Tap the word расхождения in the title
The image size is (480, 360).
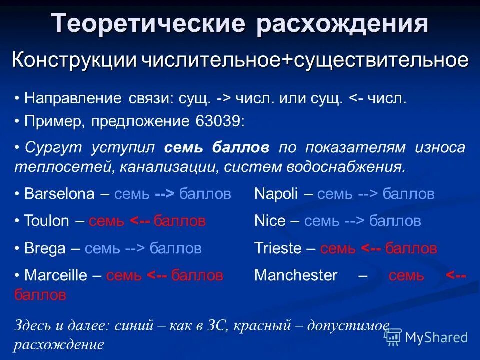[342, 23]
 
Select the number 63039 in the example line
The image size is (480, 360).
[217, 122]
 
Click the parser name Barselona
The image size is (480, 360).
[59, 194]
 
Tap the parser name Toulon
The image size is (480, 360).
[47, 221]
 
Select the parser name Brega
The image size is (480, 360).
[45, 248]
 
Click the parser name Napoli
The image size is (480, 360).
[276, 194]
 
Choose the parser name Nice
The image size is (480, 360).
[270, 221]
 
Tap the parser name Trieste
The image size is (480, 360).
[278, 248]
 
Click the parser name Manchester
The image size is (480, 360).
[296, 275]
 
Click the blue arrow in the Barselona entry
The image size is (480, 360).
[165, 194]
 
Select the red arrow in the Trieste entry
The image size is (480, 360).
[371, 248]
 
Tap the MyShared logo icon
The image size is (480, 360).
[393, 337]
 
